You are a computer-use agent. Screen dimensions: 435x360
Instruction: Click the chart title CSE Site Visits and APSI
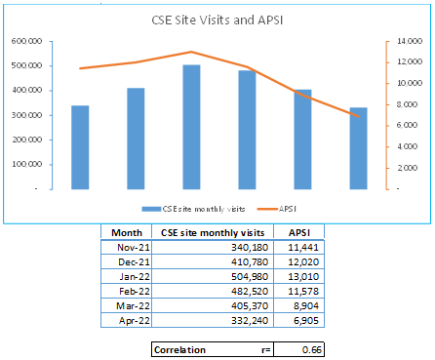(217, 20)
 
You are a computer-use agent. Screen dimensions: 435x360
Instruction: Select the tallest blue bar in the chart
(191, 127)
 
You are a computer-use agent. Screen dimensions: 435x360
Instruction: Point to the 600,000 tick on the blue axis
(27, 41)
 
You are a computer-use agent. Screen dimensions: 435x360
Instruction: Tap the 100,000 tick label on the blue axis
(27, 164)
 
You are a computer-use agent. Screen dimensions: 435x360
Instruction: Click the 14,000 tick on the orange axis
(410, 41)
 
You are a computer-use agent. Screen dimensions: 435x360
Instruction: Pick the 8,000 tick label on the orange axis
(407, 104)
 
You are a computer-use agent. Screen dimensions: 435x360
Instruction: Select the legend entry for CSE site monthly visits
(193, 209)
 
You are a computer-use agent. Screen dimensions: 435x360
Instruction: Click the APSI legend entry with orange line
(277, 209)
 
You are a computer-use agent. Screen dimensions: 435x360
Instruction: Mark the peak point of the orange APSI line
(191, 52)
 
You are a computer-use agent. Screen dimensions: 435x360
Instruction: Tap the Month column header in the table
(127, 233)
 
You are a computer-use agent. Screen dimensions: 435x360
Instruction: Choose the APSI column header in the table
(299, 233)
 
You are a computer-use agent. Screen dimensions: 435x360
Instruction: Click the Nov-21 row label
(134, 248)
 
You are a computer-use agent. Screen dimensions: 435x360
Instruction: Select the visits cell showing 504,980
(250, 277)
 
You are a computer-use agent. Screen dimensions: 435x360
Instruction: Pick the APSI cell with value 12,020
(303, 262)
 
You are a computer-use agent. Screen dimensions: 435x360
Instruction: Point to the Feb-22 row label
(135, 292)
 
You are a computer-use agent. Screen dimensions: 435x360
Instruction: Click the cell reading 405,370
(250, 306)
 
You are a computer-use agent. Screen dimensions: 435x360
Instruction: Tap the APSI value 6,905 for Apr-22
(306, 321)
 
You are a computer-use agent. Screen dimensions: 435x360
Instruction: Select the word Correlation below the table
(179, 350)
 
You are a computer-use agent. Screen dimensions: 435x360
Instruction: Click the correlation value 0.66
(311, 350)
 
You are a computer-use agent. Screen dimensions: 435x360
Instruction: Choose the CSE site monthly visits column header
(213, 233)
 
